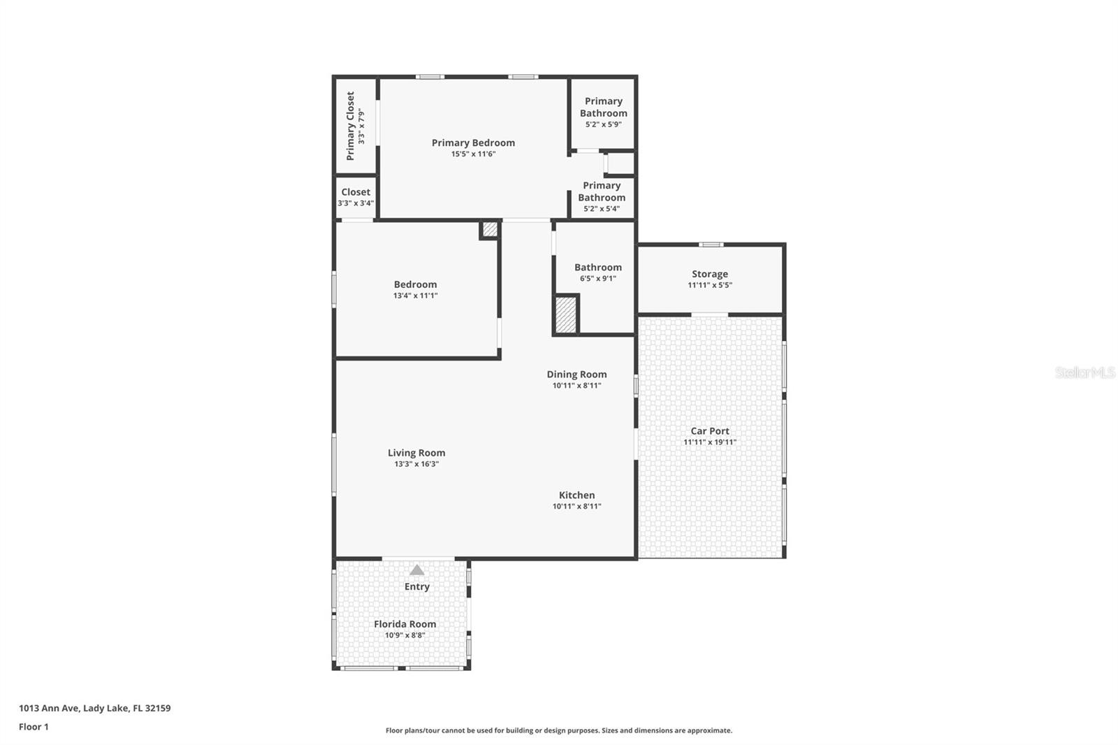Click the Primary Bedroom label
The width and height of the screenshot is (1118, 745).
[473, 143]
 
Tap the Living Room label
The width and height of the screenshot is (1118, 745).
[416, 453]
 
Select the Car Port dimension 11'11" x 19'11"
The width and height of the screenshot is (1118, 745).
[710, 442]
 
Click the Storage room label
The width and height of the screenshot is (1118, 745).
[710, 274]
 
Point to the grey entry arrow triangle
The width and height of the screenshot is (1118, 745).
[416, 570]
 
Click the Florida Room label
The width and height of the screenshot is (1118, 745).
[405, 624]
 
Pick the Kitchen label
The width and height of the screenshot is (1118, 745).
[576, 496]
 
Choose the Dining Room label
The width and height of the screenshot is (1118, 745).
[576, 375]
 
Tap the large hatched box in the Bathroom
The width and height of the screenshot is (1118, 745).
[565, 314]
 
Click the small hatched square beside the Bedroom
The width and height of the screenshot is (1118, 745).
[490, 229]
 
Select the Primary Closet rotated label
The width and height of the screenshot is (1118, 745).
[350, 126]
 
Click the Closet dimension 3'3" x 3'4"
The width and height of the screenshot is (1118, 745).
[356, 203]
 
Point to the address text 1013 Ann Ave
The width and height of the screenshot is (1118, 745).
[49, 708]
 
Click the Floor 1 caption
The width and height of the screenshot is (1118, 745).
[34, 727]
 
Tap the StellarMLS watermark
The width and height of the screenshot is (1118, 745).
[1085, 372]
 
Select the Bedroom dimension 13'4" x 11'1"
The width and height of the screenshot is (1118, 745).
[415, 296]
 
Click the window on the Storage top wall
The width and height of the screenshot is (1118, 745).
[711, 245]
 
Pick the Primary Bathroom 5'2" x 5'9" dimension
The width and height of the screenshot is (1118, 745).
[604, 124]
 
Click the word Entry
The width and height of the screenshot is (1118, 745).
[416, 587]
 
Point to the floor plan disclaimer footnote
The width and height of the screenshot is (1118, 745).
[559, 730]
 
